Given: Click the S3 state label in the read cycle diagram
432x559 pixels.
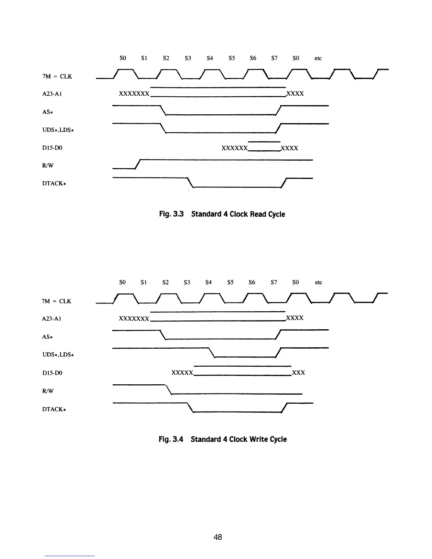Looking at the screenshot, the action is click(188, 58).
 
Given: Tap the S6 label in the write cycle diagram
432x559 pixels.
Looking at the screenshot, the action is click(252, 282).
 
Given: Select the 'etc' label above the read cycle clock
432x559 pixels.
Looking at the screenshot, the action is click(318, 58).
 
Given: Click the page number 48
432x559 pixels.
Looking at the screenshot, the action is click(218, 537).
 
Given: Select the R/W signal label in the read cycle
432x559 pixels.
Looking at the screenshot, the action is click(48, 166).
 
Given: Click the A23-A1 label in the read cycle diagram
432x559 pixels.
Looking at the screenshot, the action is click(52, 94).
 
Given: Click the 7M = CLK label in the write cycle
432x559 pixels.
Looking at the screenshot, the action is click(56, 301).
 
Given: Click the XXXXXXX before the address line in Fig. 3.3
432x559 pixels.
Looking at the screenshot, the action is click(134, 94).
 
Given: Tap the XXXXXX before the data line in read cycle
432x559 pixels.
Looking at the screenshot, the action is click(234, 148).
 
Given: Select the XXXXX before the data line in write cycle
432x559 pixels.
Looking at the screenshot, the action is click(182, 373).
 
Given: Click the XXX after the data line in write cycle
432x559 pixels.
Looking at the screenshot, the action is click(299, 373).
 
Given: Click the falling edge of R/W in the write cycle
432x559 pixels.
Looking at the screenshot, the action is click(168, 389).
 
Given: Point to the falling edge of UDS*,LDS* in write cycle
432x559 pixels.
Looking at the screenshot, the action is click(212, 353).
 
